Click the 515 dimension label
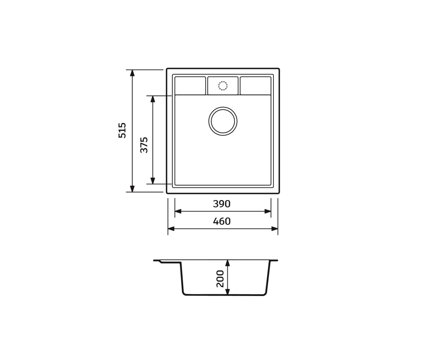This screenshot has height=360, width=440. click(122, 130)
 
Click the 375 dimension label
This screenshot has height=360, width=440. click(144, 145)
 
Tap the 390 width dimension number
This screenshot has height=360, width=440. click(221, 204)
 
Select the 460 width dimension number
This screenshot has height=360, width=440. click(222, 221)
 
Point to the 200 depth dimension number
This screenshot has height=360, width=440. click(220, 279)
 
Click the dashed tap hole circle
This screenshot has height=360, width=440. click(223, 86)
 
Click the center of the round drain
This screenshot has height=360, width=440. click(223, 121)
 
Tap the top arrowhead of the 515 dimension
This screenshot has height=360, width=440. click(132, 73)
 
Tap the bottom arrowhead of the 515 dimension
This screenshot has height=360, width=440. click(132, 189)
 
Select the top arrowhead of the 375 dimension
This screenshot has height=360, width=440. click(153, 99)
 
